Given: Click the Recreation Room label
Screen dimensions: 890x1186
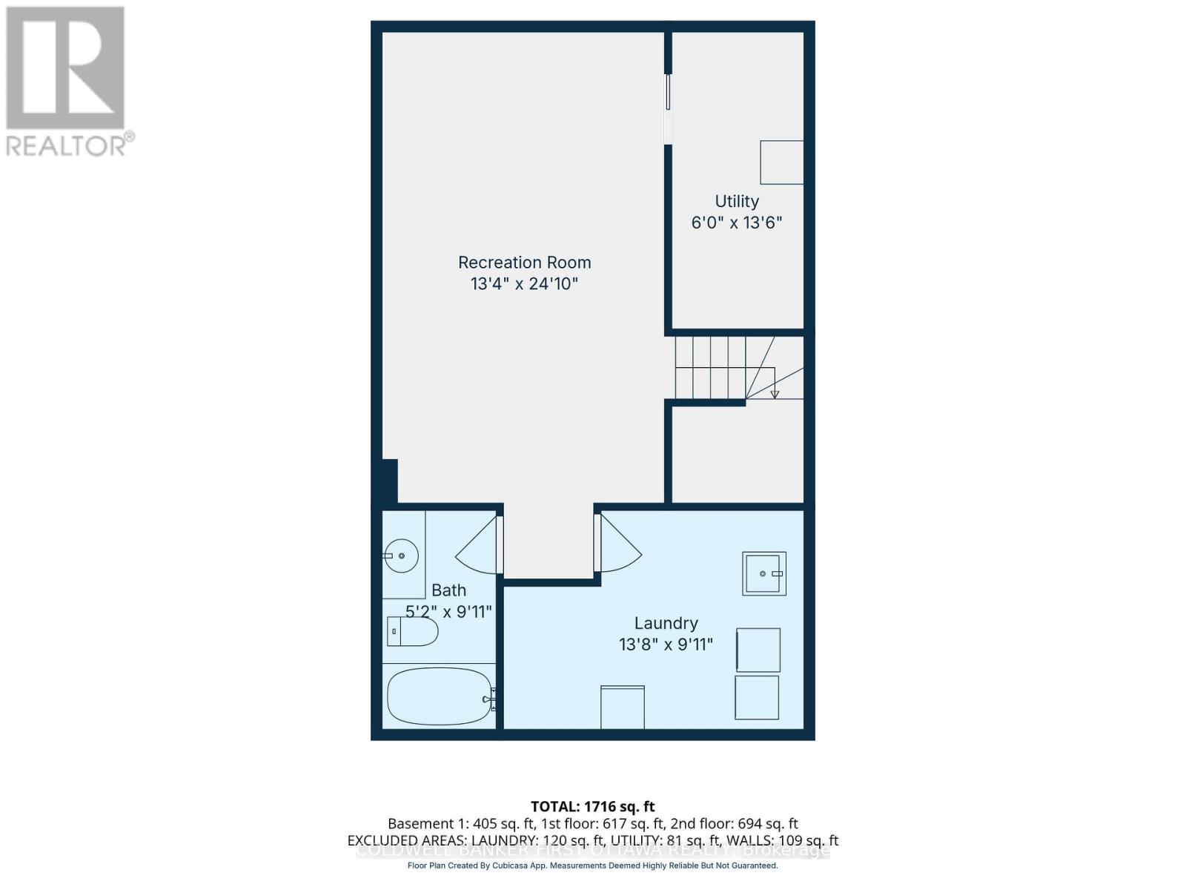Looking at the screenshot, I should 524,263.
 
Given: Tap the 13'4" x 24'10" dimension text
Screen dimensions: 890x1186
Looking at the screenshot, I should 524,284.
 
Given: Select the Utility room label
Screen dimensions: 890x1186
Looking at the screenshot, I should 736,201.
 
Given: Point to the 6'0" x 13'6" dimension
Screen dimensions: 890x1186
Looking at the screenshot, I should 736,222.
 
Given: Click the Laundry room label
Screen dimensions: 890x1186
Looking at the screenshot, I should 666,623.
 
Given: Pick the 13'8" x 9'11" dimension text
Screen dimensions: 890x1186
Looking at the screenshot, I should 666,645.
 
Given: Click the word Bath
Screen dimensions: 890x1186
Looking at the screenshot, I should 448,590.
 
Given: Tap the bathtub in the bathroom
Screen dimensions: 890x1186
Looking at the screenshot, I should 440,697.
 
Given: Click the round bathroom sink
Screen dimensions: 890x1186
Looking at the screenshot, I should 401,556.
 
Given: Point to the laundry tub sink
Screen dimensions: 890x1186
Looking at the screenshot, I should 763,573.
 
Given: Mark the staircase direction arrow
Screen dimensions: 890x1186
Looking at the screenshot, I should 774,393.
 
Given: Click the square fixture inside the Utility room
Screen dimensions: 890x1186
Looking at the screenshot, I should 781,162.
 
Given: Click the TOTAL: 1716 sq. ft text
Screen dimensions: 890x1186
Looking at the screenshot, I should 592,806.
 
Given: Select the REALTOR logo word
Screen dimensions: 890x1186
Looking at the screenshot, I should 70,145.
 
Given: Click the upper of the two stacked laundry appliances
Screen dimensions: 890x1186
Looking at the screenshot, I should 758,650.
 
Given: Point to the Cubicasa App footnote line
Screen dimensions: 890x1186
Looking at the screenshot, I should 592,866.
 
